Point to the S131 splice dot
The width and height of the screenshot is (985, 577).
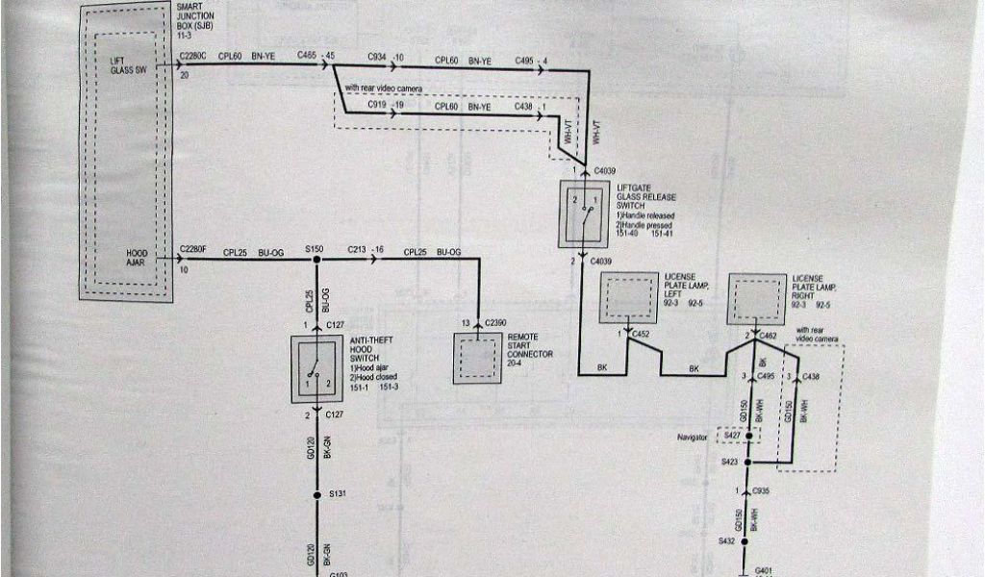click(313, 494)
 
